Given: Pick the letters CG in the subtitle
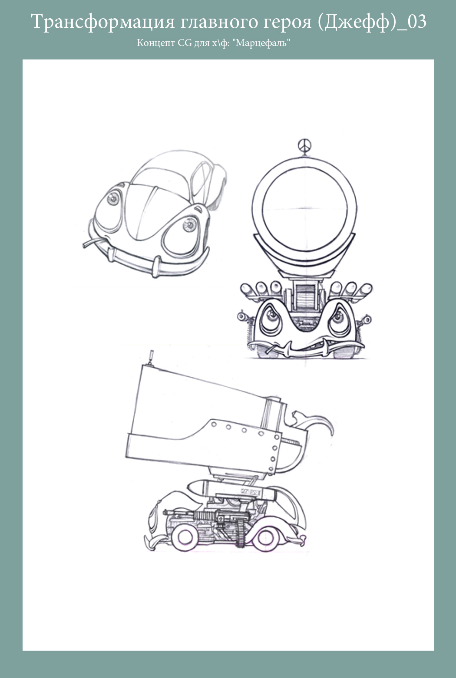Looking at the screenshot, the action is tap(185, 43).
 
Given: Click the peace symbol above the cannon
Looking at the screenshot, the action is tap(304, 146).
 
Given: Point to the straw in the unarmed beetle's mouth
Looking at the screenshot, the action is tap(93, 242).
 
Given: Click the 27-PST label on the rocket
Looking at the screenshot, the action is tap(250, 492).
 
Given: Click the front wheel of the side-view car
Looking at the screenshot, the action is tap(185, 537).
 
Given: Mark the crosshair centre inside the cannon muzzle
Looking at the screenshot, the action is tap(304, 209).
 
